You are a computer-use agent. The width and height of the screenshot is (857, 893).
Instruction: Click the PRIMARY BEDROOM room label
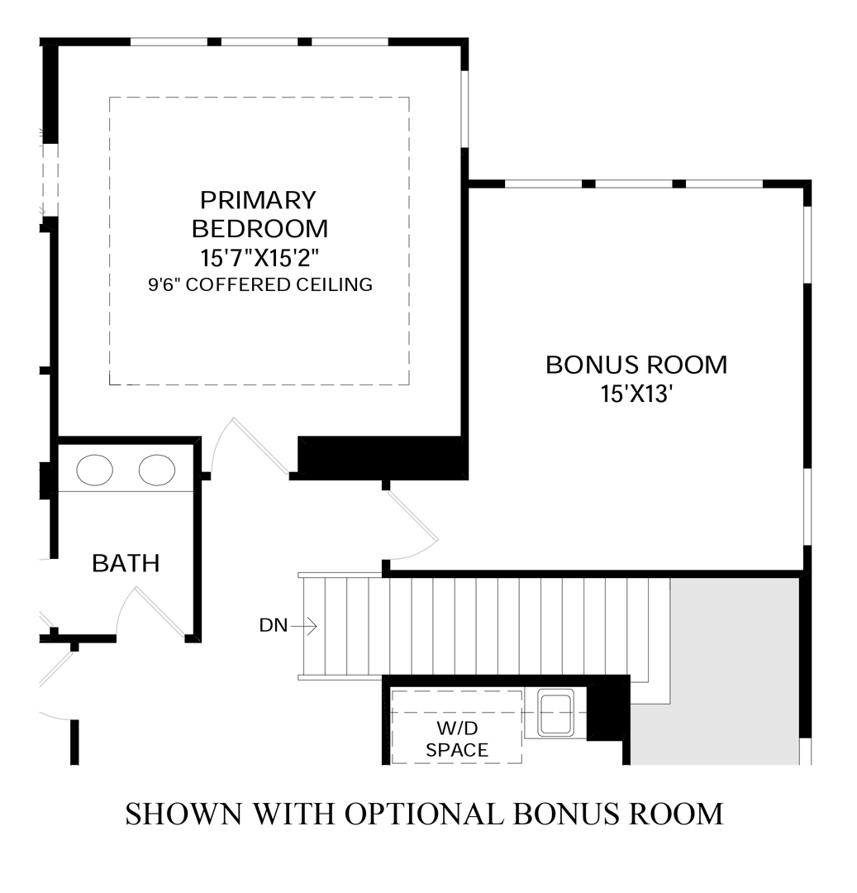click(x=259, y=213)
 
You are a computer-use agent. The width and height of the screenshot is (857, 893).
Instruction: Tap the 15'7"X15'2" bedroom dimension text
click(x=259, y=256)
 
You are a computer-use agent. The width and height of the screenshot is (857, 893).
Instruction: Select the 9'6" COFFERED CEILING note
click(x=259, y=285)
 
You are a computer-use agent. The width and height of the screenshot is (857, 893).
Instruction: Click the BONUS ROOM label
click(x=636, y=365)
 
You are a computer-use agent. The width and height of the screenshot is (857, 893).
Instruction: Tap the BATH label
click(x=126, y=564)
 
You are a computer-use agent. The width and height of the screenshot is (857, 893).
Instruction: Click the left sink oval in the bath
click(x=94, y=470)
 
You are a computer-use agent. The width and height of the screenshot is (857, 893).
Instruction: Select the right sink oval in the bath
click(x=157, y=470)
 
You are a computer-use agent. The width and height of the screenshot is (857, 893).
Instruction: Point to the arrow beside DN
click(x=304, y=626)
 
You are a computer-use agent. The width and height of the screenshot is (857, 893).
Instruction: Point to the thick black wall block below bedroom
click(x=380, y=456)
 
